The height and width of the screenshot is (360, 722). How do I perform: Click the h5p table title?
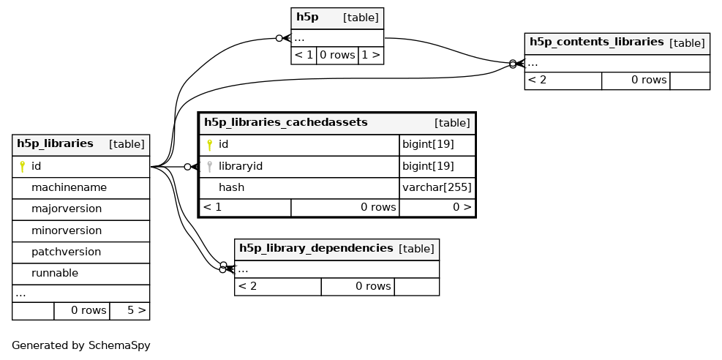click(x=307, y=18)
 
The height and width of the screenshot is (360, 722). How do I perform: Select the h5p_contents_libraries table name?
click(x=596, y=42)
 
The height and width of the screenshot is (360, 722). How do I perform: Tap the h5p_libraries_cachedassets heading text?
click(x=285, y=122)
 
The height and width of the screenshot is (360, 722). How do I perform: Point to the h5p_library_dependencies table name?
click(x=316, y=248)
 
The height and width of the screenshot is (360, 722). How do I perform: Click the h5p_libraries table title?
click(x=55, y=143)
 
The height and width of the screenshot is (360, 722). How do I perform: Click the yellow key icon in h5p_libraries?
click(x=22, y=167)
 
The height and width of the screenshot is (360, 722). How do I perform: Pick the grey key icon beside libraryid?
click(x=209, y=167)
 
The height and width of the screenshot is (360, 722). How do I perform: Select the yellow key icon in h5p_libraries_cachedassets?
click(x=209, y=145)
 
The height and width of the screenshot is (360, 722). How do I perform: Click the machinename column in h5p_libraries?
click(x=69, y=188)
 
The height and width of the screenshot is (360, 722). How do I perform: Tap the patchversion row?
click(x=66, y=252)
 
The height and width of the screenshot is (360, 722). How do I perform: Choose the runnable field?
click(x=55, y=274)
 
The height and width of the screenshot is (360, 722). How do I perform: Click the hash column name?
click(x=231, y=188)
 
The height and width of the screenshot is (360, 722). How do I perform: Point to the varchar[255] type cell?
click(x=437, y=188)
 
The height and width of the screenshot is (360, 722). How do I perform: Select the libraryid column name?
click(x=241, y=167)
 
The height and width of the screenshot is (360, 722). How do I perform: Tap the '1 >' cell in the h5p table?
click(x=371, y=56)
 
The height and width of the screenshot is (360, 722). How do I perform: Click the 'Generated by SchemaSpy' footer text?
click(x=81, y=345)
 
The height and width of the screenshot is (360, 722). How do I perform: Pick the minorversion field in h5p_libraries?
click(x=67, y=230)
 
